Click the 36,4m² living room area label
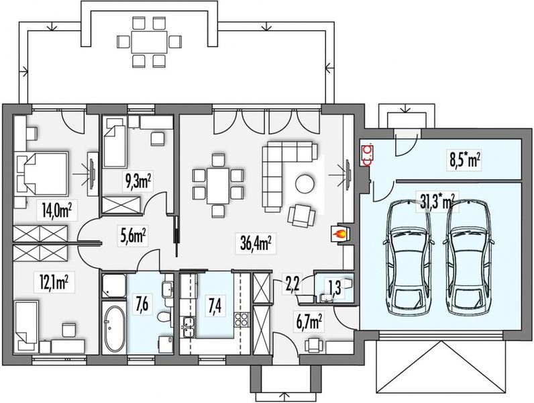click(x=256, y=243)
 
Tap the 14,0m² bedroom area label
click(x=57, y=210)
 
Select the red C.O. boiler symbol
click(x=368, y=155)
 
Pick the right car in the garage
click(x=469, y=258)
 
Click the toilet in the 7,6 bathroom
click(x=164, y=317)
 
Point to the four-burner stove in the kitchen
click(x=241, y=320)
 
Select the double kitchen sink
click(x=189, y=326)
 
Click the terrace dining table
click(x=150, y=42)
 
